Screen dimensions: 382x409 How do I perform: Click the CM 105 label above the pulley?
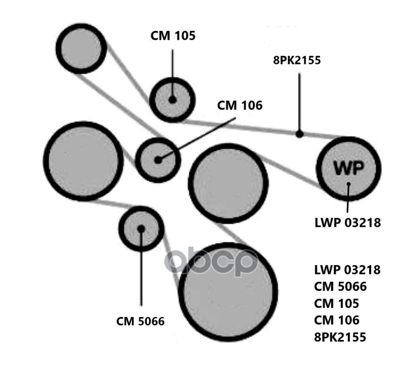point(173,36)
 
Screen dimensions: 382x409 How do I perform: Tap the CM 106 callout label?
point(240,105)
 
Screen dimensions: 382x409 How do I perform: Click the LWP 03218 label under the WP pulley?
point(347,223)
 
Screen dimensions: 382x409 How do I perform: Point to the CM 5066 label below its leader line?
point(140,321)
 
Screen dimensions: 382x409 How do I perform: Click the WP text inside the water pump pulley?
point(349,168)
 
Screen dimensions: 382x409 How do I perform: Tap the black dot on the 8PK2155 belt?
point(299,134)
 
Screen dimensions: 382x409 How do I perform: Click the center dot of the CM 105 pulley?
point(172,100)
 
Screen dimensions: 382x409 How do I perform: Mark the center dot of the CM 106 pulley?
point(158,159)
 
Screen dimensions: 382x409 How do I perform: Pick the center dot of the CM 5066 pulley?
point(141,228)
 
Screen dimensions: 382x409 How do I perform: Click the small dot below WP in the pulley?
point(349,184)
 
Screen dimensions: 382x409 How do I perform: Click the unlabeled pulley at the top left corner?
point(81,48)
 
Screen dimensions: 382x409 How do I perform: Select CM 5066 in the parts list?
point(340,287)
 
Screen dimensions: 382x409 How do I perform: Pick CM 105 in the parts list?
point(336,304)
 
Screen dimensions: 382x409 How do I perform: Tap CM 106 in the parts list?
point(336,320)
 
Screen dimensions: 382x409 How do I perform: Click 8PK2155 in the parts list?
point(340,337)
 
